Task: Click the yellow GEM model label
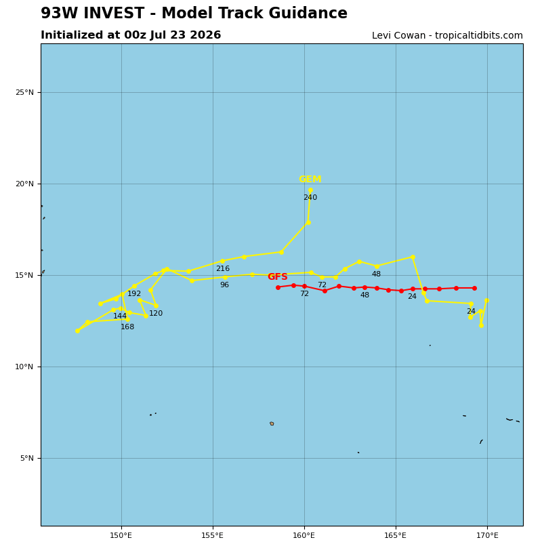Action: [310, 179]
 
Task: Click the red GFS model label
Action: [278, 276]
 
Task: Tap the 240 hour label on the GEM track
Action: [310, 197]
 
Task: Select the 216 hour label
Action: [223, 268]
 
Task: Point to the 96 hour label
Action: [225, 285]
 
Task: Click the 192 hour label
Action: [134, 293]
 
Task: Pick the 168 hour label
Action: [127, 327]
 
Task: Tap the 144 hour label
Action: [120, 316]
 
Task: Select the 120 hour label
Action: [156, 313]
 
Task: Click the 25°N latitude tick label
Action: [25, 92]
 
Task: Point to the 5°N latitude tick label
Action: [27, 459]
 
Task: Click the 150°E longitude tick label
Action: [121, 535]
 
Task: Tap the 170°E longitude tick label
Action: [487, 535]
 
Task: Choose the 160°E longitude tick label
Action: [304, 535]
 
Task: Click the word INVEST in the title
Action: [113, 13]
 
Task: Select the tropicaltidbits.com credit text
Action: [479, 36]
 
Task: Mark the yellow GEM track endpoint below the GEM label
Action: [310, 190]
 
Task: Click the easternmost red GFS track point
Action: [475, 289]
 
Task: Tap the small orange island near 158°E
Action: [272, 423]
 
